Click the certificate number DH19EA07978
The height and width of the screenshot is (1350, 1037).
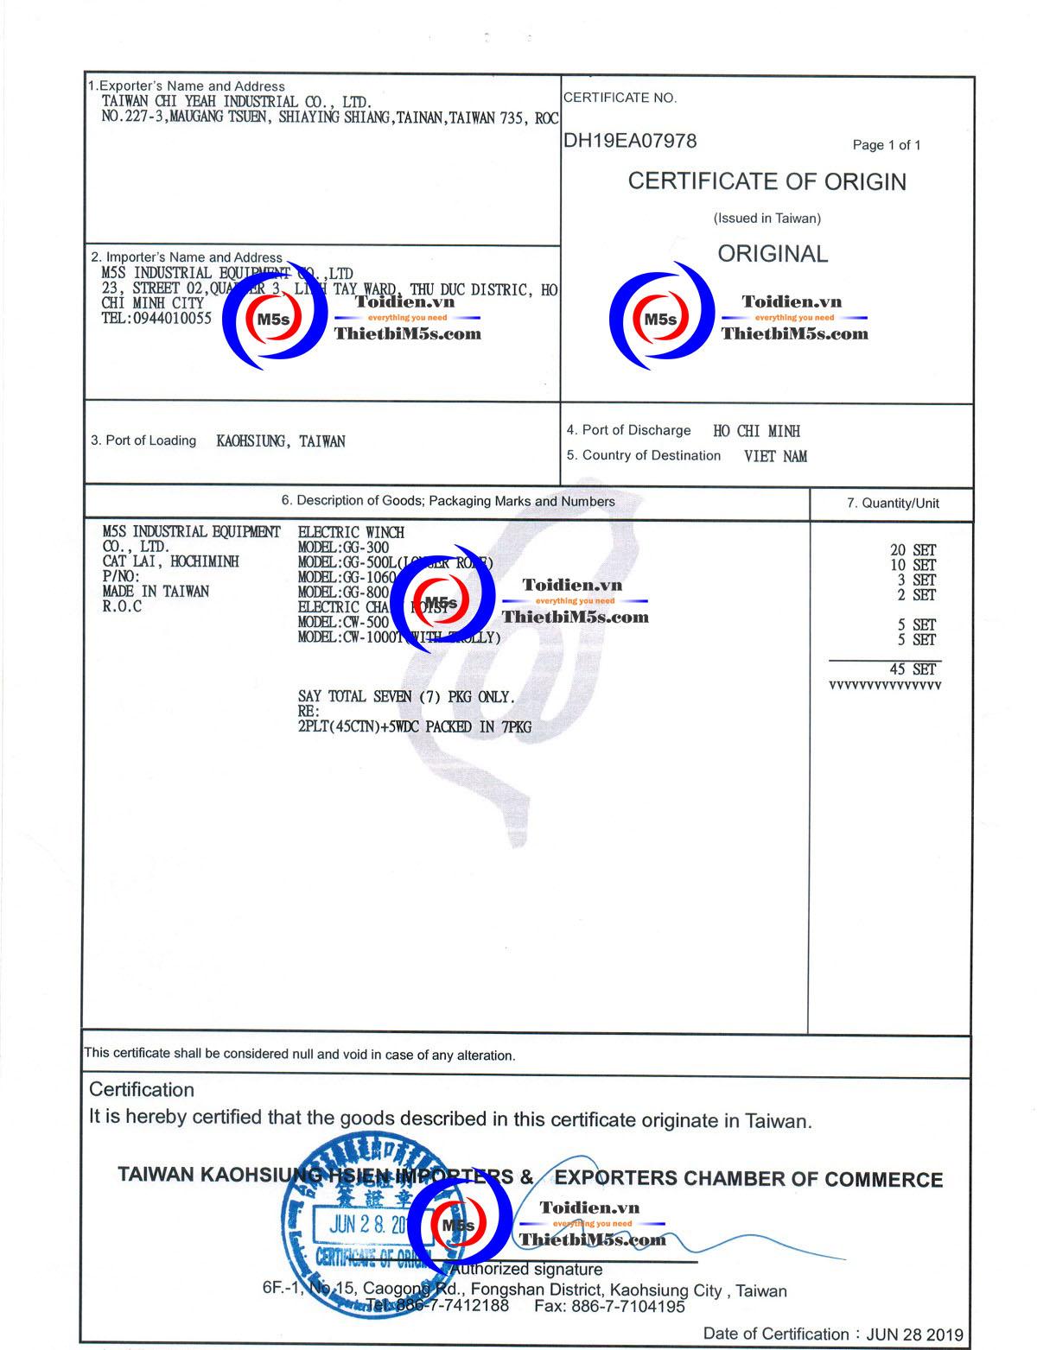pos(630,141)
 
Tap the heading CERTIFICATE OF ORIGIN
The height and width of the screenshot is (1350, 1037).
pos(767,181)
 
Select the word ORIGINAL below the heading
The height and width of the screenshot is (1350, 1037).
pos(773,254)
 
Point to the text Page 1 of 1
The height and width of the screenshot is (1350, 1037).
pos(886,145)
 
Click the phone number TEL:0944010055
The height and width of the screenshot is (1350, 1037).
pos(156,318)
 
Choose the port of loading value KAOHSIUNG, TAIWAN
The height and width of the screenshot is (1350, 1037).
pos(280,441)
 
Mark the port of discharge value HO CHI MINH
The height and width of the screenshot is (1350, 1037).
pos(756,431)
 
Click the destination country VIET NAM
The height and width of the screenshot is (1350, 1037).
pos(775,456)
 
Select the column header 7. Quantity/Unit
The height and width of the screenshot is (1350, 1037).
pos(892,504)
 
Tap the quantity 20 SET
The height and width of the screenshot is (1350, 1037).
pos(913,550)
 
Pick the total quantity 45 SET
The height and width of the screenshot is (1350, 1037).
pos(913,669)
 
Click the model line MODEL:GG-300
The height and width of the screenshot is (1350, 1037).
pos(343,548)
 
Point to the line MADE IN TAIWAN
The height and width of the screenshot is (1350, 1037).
pos(156,592)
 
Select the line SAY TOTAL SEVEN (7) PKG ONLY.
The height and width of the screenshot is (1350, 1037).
pos(406,697)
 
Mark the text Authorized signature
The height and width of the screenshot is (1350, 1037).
pos(526,1270)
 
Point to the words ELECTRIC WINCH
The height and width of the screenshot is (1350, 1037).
pos(351,533)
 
